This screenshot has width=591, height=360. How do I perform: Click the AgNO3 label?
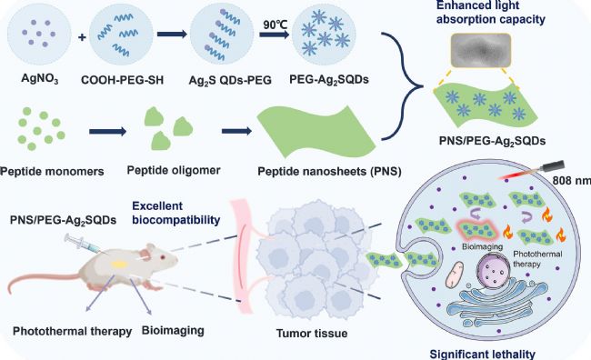click(40, 79)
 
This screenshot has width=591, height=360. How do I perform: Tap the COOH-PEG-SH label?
click(122, 80)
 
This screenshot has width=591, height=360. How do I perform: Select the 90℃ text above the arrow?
click(275, 25)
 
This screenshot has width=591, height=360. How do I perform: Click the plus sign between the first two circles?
click(82, 37)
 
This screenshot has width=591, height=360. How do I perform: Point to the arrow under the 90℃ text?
click(274, 35)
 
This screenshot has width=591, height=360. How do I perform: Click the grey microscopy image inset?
click(481, 51)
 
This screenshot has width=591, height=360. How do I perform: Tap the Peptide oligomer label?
click(174, 170)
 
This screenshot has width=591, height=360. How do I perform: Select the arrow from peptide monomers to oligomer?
click(108, 132)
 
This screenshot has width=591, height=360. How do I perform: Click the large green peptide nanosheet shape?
click(316, 132)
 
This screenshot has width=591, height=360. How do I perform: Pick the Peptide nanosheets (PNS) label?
click(329, 172)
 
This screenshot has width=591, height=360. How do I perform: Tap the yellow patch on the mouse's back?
click(119, 265)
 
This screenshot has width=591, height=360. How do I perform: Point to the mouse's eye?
click(163, 257)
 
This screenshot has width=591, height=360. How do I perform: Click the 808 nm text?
click(571, 181)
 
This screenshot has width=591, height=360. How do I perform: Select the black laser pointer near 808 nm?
click(553, 166)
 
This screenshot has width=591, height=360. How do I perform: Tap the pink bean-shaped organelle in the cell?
click(455, 275)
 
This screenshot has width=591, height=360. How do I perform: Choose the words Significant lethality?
click(483, 355)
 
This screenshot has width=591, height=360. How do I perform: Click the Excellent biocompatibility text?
click(176, 213)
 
